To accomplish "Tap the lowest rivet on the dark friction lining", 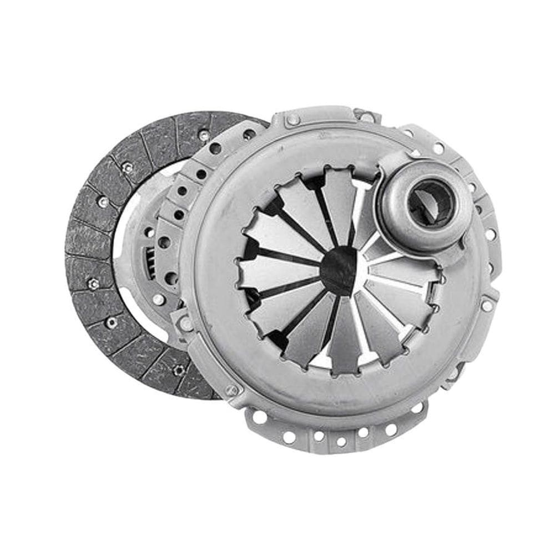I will (179, 370).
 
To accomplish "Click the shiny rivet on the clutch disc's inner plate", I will (159, 299).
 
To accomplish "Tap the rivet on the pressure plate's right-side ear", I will (487, 305).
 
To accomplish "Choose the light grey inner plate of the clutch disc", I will (133, 233).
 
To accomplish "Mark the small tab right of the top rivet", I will (366, 117).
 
